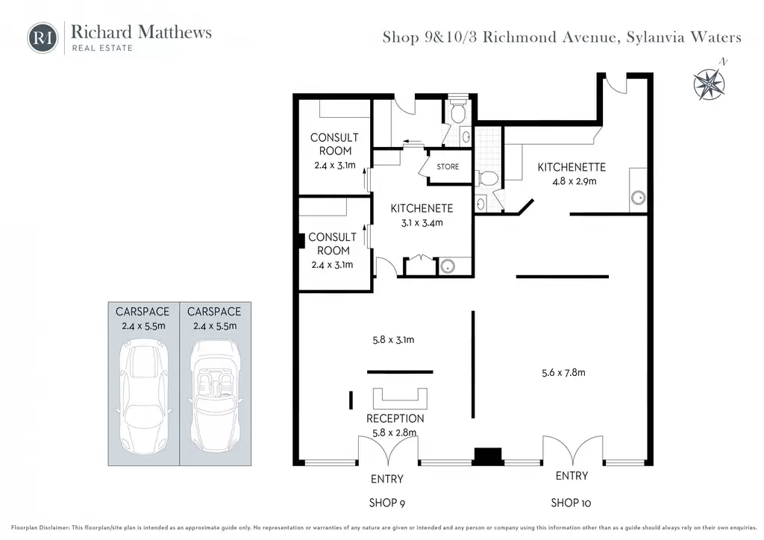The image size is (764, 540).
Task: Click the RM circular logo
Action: pyautogui.click(x=43, y=37)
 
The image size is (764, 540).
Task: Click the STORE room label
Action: pyautogui.click(x=448, y=166)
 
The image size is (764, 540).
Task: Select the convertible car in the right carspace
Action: pyautogui.click(x=215, y=397)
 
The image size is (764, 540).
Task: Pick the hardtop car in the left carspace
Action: pyautogui.click(x=143, y=397)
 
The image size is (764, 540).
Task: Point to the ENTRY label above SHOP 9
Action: pyautogui.click(x=387, y=479)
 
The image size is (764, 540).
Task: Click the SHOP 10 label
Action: pyautogui.click(x=571, y=503)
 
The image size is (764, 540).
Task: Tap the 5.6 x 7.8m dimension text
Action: pyautogui.click(x=564, y=372)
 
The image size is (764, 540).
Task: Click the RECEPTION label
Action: pyautogui.click(x=395, y=418)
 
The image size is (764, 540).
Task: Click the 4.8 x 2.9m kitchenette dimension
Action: pyautogui.click(x=574, y=181)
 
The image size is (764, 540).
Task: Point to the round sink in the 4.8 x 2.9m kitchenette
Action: pyautogui.click(x=639, y=198)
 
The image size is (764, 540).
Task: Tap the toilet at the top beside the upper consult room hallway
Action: pyautogui.click(x=457, y=113)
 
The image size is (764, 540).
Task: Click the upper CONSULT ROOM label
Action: pyautogui.click(x=334, y=144)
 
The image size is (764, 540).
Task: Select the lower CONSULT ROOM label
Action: pyautogui.click(x=332, y=243)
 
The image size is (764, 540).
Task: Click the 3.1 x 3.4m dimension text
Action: pyautogui.click(x=422, y=223)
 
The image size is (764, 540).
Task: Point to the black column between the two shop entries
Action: pyautogui.click(x=488, y=456)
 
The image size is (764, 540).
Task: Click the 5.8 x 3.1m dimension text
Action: pyautogui.click(x=393, y=340)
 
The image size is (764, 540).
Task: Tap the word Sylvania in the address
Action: pyautogui.click(x=654, y=37)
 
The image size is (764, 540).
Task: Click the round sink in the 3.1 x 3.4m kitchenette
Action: pyautogui.click(x=448, y=266)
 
